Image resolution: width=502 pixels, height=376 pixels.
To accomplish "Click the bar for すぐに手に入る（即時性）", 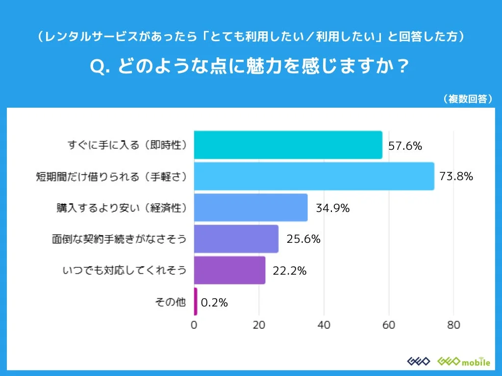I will pos(288,145).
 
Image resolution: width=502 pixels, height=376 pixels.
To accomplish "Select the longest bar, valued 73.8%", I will pos(314,176).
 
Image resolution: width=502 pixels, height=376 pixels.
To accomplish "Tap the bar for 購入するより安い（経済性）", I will pos(251,208).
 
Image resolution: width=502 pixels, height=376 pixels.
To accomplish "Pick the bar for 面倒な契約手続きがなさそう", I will pos(236,239).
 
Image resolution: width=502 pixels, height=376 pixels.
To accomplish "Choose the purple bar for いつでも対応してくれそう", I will pos(229,270).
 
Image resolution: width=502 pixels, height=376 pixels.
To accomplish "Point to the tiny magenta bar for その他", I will pos(196,302).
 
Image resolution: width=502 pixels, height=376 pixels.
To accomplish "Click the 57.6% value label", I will pos(405,145).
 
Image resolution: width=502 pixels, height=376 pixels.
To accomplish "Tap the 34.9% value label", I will pos(332,208).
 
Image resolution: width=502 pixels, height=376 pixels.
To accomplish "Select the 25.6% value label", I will pos(303,239).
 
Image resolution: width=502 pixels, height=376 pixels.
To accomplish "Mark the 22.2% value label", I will pos(289,271).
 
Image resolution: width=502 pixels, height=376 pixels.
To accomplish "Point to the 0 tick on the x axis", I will pos(194,325).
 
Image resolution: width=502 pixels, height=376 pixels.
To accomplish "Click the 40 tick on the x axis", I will pos(324,325).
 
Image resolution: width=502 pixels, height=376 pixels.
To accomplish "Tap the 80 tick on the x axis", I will pos(453,325).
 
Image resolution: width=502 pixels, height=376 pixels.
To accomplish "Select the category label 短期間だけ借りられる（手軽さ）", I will pos(112,176).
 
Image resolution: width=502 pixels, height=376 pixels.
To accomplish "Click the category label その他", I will pos(170,302).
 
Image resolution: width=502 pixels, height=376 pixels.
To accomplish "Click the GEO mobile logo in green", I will pos(463,361).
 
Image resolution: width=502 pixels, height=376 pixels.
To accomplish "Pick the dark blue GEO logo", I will pos(419,361).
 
